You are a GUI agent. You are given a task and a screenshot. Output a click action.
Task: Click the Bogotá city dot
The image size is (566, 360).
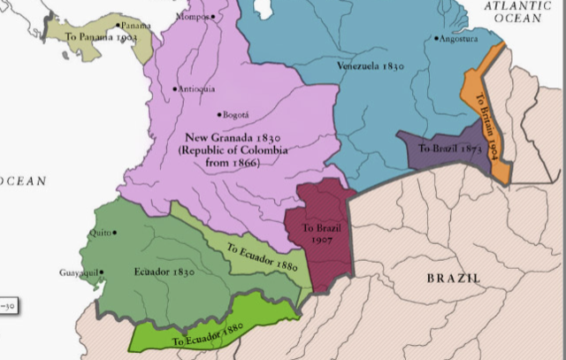(218, 114)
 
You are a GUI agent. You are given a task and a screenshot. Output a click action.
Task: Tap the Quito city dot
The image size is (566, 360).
(114, 233)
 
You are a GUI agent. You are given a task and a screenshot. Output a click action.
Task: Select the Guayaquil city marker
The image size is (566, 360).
(102, 272)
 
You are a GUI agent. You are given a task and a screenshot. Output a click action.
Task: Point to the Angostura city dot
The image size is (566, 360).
(437, 39)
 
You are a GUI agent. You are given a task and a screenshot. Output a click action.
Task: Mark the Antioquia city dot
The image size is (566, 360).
(175, 88)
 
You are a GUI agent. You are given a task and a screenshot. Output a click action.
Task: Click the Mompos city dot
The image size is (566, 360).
(213, 16)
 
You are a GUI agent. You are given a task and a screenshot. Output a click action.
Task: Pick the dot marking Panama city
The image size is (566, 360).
(116, 26)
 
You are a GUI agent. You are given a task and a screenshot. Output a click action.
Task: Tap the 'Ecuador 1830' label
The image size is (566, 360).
(164, 272)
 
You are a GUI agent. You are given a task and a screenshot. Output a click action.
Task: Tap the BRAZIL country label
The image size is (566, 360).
(455, 278)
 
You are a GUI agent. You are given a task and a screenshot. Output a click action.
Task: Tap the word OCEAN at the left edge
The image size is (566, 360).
(22, 180)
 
